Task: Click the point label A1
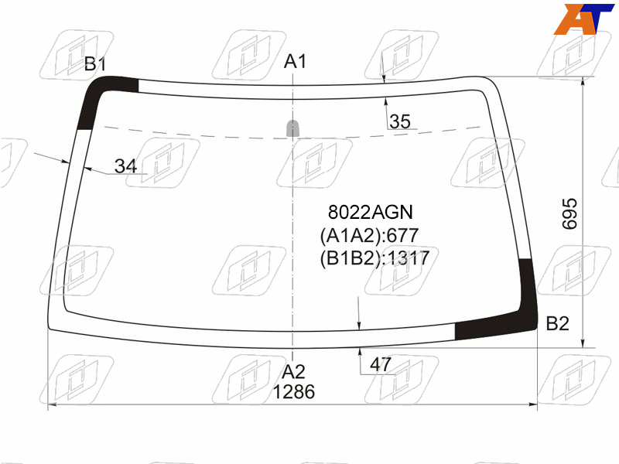(295, 62)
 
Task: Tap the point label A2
(293, 372)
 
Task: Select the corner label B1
(94, 63)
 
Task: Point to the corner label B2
(557, 323)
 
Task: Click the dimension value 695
(569, 213)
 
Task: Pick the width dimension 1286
(294, 392)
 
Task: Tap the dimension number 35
(399, 121)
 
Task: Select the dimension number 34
(125, 165)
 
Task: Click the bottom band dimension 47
(380, 363)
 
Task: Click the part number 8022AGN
(371, 212)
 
